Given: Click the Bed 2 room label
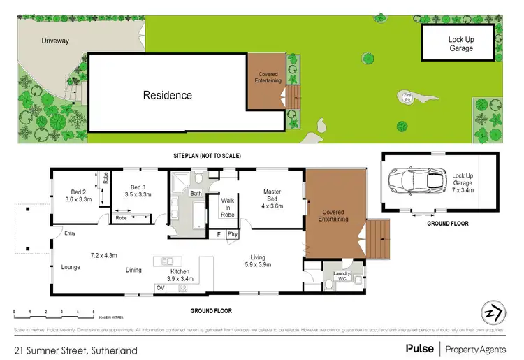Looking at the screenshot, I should [x=78, y=195].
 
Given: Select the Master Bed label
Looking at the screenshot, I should [x=272, y=196].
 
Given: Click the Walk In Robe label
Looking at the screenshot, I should [x=227, y=206].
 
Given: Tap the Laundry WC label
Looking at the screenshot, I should [x=340, y=277].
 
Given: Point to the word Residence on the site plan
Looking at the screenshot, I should [x=168, y=95].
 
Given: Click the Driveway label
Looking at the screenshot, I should [x=54, y=41].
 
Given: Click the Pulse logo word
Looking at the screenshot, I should [x=419, y=347].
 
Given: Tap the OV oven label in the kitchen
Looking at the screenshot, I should [x=161, y=287].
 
